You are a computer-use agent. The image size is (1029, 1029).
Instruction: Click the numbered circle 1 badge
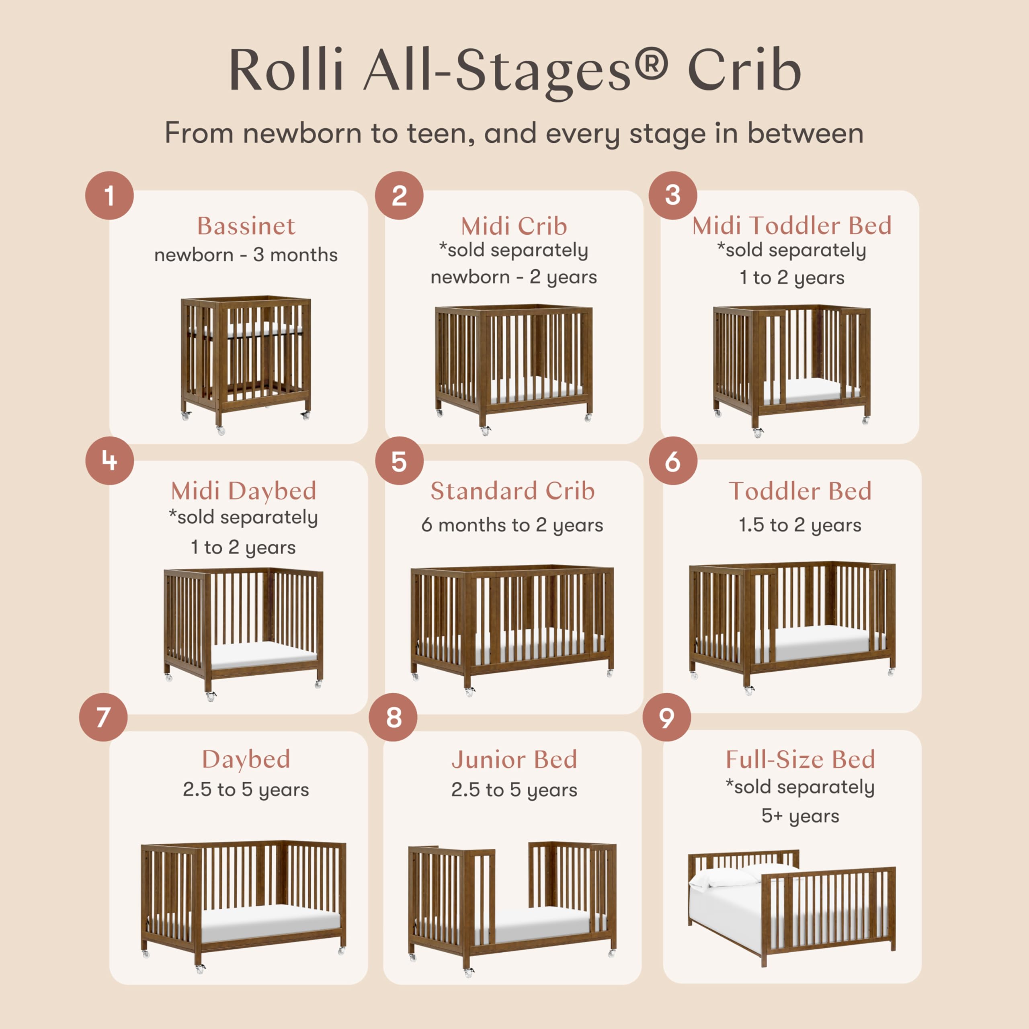109,195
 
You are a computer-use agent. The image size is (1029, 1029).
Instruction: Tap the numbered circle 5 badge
399,461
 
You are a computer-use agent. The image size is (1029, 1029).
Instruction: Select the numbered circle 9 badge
666,717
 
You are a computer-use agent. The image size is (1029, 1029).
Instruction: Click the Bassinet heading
246,226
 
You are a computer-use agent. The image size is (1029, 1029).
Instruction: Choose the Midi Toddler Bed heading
791,226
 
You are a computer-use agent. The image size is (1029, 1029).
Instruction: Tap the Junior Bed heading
514,760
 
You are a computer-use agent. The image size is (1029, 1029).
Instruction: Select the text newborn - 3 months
246,255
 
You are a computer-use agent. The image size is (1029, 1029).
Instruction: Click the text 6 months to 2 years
512,525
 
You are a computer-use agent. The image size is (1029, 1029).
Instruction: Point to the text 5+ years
800,816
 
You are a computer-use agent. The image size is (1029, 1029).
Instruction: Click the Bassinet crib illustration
246,363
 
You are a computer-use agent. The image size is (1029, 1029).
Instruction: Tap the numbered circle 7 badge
103,717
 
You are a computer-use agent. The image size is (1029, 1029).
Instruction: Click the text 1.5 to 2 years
799,525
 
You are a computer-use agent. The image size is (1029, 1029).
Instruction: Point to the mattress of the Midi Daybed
264,654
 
